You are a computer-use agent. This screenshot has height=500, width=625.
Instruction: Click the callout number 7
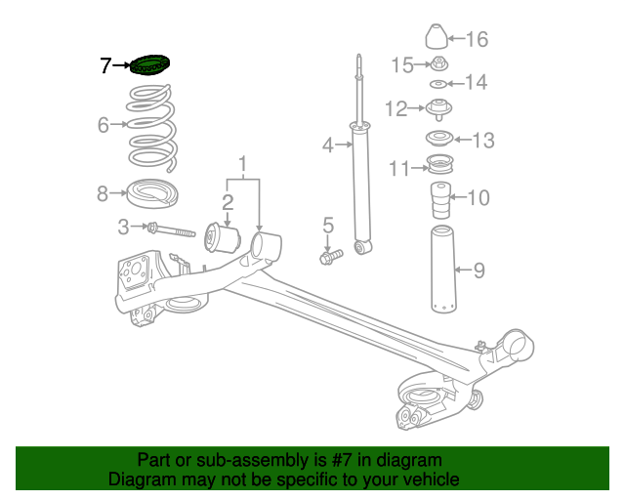[x=106, y=66]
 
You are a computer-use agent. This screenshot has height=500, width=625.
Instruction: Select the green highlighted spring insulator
[x=148, y=65]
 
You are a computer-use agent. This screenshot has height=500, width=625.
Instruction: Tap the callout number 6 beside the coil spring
[x=104, y=125]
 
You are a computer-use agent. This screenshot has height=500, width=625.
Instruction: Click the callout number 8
[x=104, y=193]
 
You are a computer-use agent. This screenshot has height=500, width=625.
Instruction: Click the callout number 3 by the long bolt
[x=123, y=228]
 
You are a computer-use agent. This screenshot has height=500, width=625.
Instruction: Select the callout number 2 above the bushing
[x=227, y=202]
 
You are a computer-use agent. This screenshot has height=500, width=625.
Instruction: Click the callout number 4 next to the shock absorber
[x=328, y=146]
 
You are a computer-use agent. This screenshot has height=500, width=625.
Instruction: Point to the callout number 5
[x=328, y=226]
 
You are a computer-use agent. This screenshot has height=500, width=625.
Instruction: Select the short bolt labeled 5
[x=330, y=257]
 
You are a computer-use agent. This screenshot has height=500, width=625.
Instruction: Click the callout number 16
[x=477, y=40]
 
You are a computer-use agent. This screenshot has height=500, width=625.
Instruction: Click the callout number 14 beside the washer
[x=476, y=83]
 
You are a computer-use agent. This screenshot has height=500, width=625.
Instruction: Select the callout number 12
[x=396, y=108]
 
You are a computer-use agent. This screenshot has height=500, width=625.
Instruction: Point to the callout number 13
[x=483, y=141]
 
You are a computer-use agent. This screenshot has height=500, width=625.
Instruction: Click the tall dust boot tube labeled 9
[x=441, y=270]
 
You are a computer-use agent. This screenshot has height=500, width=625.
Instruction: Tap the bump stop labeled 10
[x=440, y=201]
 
